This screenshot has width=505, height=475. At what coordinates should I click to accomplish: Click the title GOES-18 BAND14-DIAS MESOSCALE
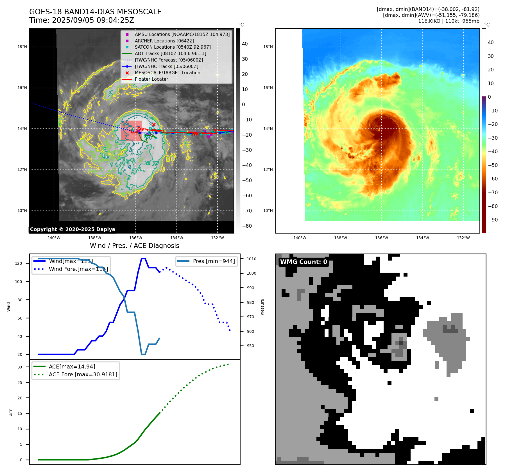[95, 12]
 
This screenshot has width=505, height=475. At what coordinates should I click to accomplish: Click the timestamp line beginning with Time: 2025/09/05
[81, 20]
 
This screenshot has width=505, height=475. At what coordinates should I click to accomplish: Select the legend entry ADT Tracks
[170, 53]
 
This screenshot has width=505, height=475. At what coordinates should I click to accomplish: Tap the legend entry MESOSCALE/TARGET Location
[167, 73]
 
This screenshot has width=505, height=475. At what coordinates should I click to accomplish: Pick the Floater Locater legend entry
[151, 79]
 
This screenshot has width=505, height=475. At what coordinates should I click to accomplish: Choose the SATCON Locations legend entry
[173, 47]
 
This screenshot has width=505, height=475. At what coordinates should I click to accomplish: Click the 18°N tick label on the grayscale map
[22, 47]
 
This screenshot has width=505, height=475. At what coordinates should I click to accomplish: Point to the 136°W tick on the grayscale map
[136, 238]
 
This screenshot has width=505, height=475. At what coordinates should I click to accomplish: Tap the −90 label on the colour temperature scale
[493, 220]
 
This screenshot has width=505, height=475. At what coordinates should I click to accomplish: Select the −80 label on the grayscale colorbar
[247, 226]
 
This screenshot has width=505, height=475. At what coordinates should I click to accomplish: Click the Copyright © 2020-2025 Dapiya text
[73, 229]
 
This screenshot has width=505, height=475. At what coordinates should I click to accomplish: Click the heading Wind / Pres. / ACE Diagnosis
[134, 246]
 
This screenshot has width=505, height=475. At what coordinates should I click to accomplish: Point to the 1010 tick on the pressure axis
[252, 259]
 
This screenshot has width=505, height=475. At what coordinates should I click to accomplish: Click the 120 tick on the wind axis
[18, 263]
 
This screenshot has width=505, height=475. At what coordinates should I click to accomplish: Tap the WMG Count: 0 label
[304, 262]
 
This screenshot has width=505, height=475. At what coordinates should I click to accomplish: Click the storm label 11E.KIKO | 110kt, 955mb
[449, 21]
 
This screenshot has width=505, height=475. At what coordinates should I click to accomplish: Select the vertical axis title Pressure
[262, 307]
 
